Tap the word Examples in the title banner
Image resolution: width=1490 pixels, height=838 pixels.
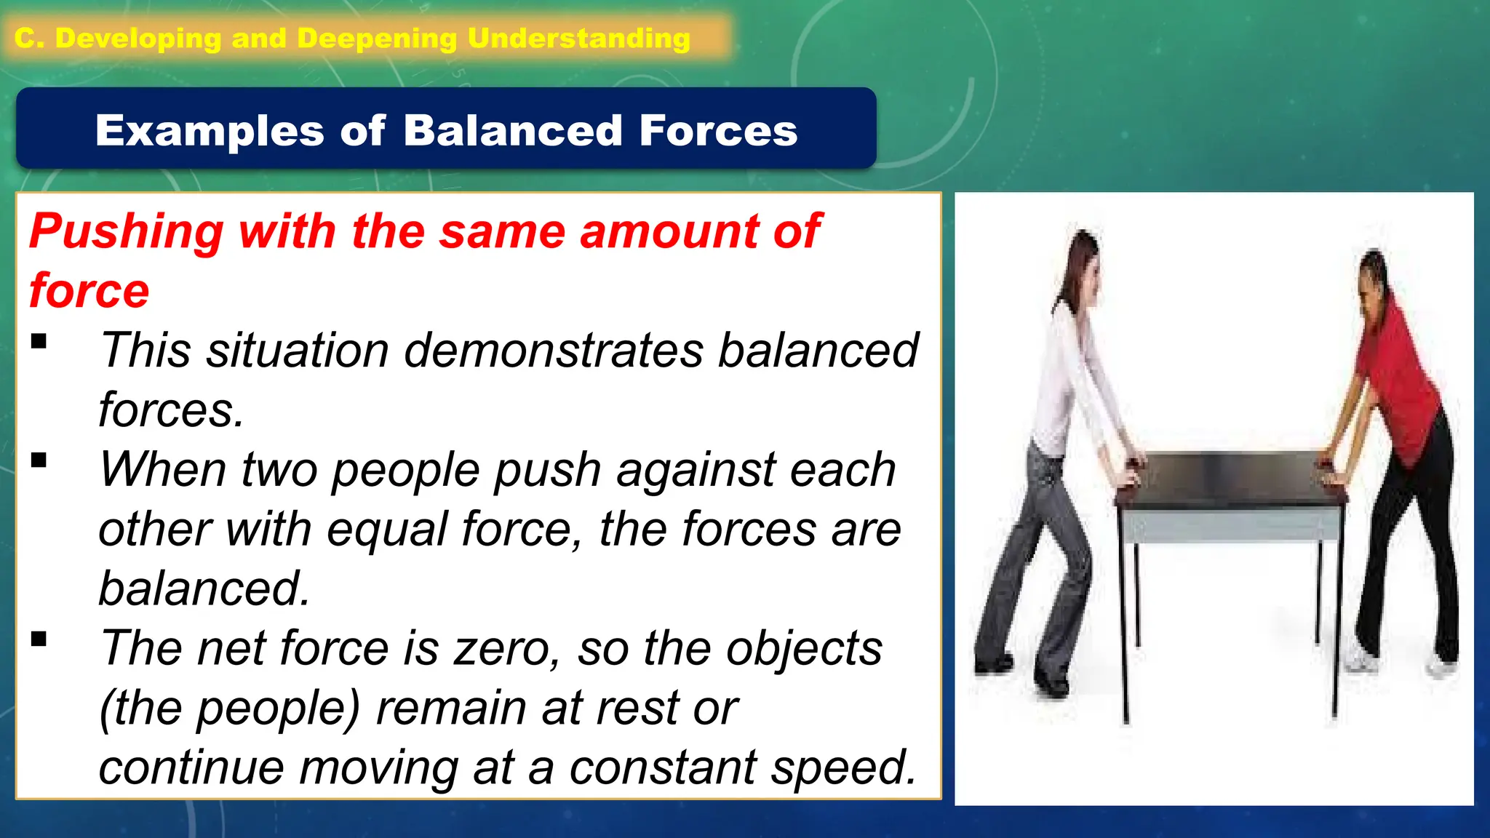pyautogui.click(x=210, y=132)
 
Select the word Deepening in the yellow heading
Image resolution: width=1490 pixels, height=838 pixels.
pyautogui.click(x=377, y=38)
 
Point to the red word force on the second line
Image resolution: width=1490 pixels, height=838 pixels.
pyautogui.click(x=89, y=291)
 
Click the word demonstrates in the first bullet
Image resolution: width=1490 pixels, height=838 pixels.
pyautogui.click(x=553, y=351)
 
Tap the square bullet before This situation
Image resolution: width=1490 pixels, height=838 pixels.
pyautogui.click(x=39, y=341)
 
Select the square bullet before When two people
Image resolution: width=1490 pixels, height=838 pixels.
pyautogui.click(x=39, y=460)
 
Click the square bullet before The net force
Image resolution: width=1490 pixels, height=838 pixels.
pyautogui.click(x=39, y=639)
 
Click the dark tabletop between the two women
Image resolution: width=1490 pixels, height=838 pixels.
pyautogui.click(x=1230, y=480)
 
